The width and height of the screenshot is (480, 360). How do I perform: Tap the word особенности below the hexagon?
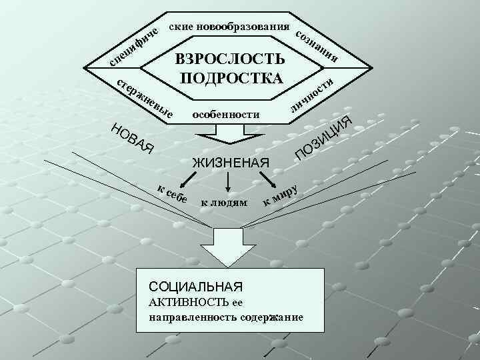click(x=225, y=114)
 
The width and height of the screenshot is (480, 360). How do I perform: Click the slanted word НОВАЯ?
click(x=133, y=137)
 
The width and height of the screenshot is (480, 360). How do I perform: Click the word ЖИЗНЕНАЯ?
click(x=230, y=162)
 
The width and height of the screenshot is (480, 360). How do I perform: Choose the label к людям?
click(x=224, y=201)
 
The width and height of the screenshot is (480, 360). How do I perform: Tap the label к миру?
click(x=280, y=194)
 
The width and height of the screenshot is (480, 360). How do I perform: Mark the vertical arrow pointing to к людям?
click(x=229, y=180)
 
